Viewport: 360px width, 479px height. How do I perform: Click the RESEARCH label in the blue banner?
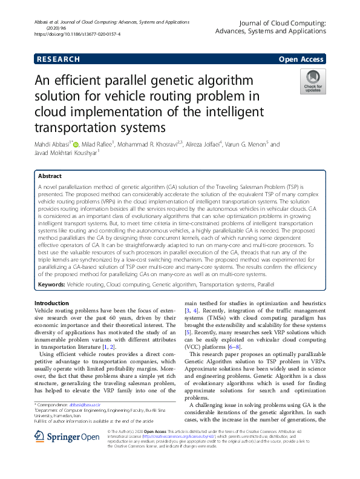click(x=59, y=59)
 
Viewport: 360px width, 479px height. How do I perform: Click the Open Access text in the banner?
click(x=302, y=59)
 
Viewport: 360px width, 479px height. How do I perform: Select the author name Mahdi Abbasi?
click(x=53, y=144)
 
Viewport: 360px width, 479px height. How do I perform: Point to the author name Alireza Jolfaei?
click(x=203, y=144)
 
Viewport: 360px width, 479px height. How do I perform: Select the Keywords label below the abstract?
click(x=51, y=283)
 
